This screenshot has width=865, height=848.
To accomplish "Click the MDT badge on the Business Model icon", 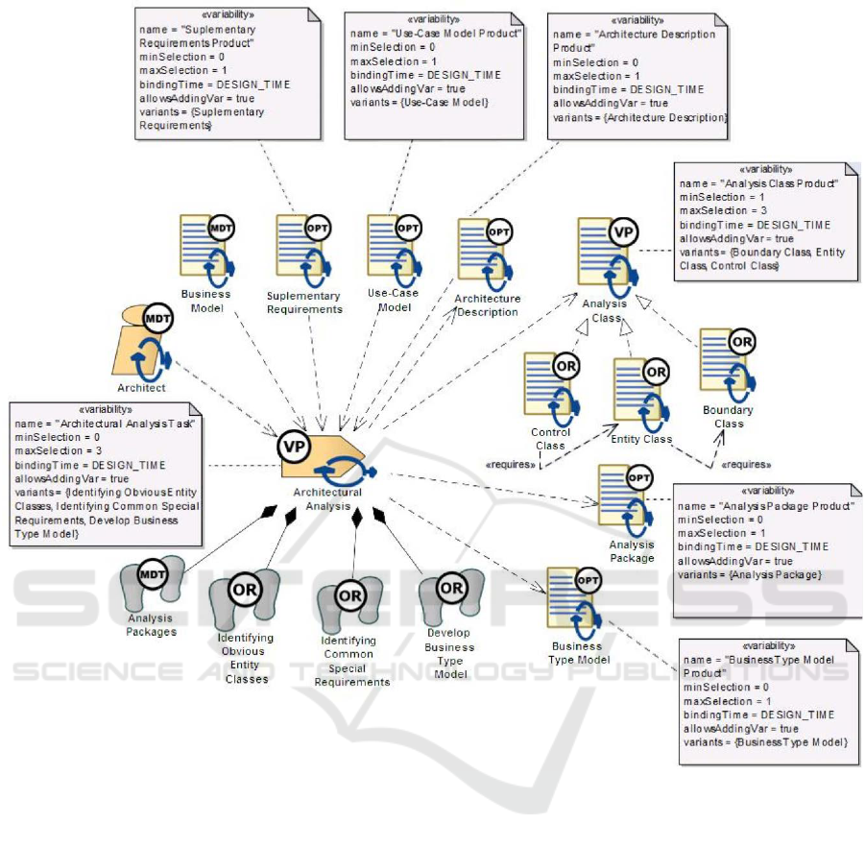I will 221,230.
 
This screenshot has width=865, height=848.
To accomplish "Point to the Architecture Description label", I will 486,304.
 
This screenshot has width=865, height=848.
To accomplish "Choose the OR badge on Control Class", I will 565,366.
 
